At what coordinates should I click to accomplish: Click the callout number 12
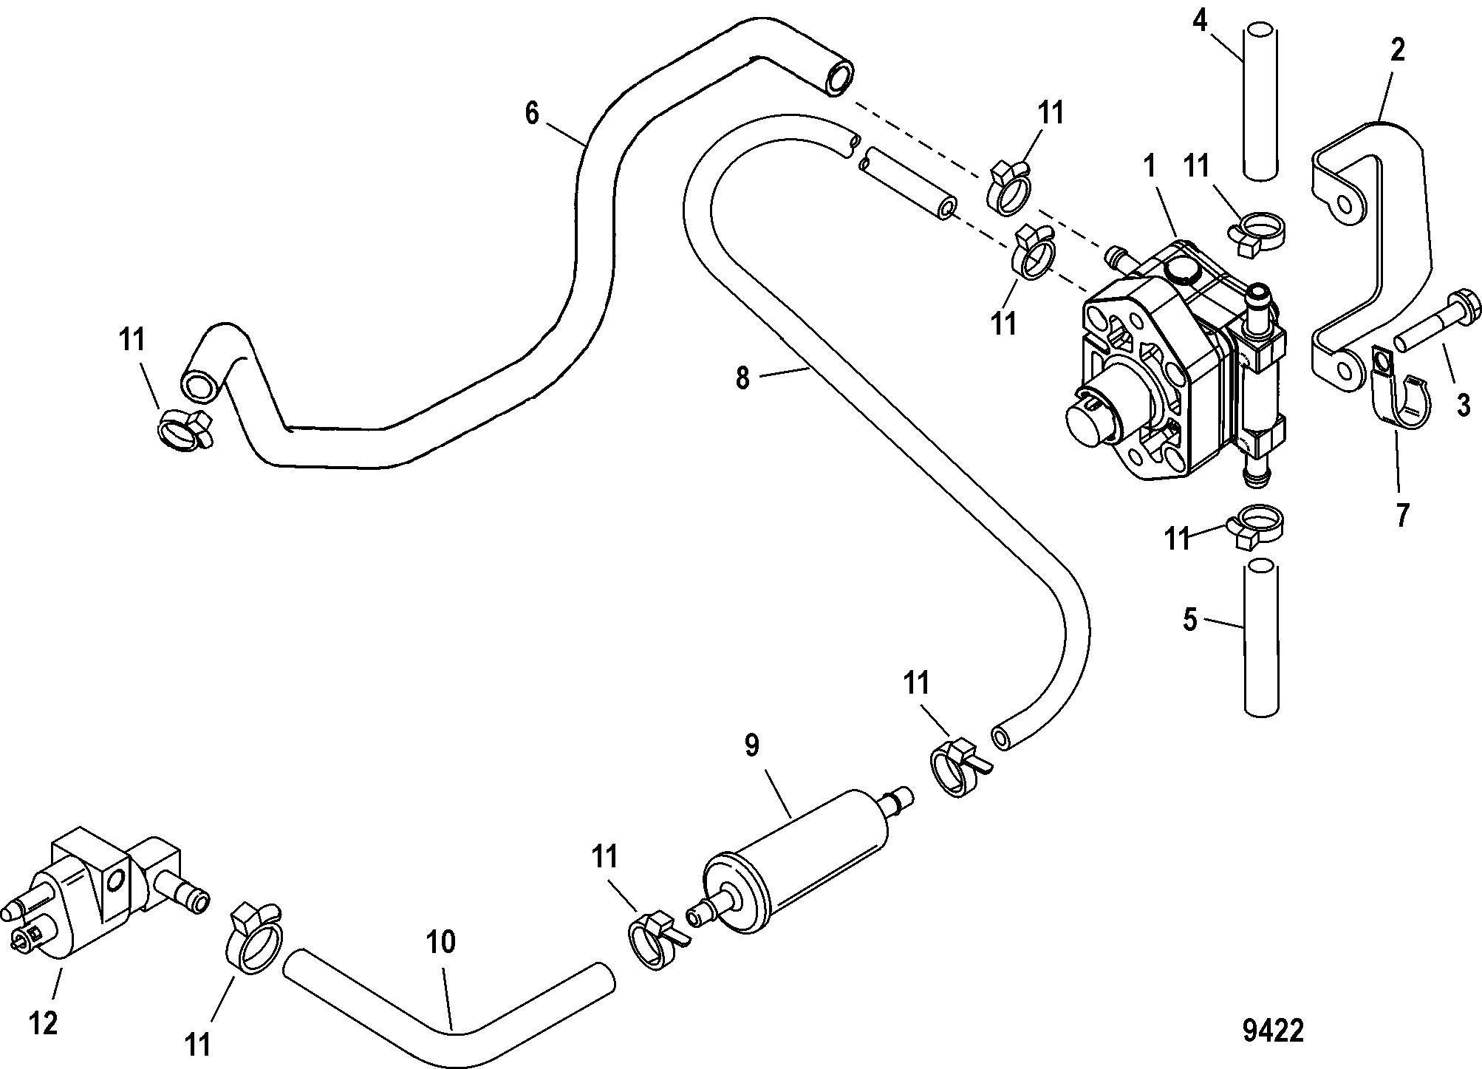pyautogui.click(x=44, y=1024)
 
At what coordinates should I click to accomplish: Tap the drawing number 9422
pyautogui.click(x=1273, y=1031)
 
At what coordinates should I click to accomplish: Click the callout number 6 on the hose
pyautogui.click(x=532, y=114)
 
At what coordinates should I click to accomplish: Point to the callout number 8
pyautogui.click(x=742, y=378)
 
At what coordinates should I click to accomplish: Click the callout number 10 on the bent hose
pyautogui.click(x=440, y=942)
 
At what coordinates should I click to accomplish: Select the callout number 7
pyautogui.click(x=1401, y=514)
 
